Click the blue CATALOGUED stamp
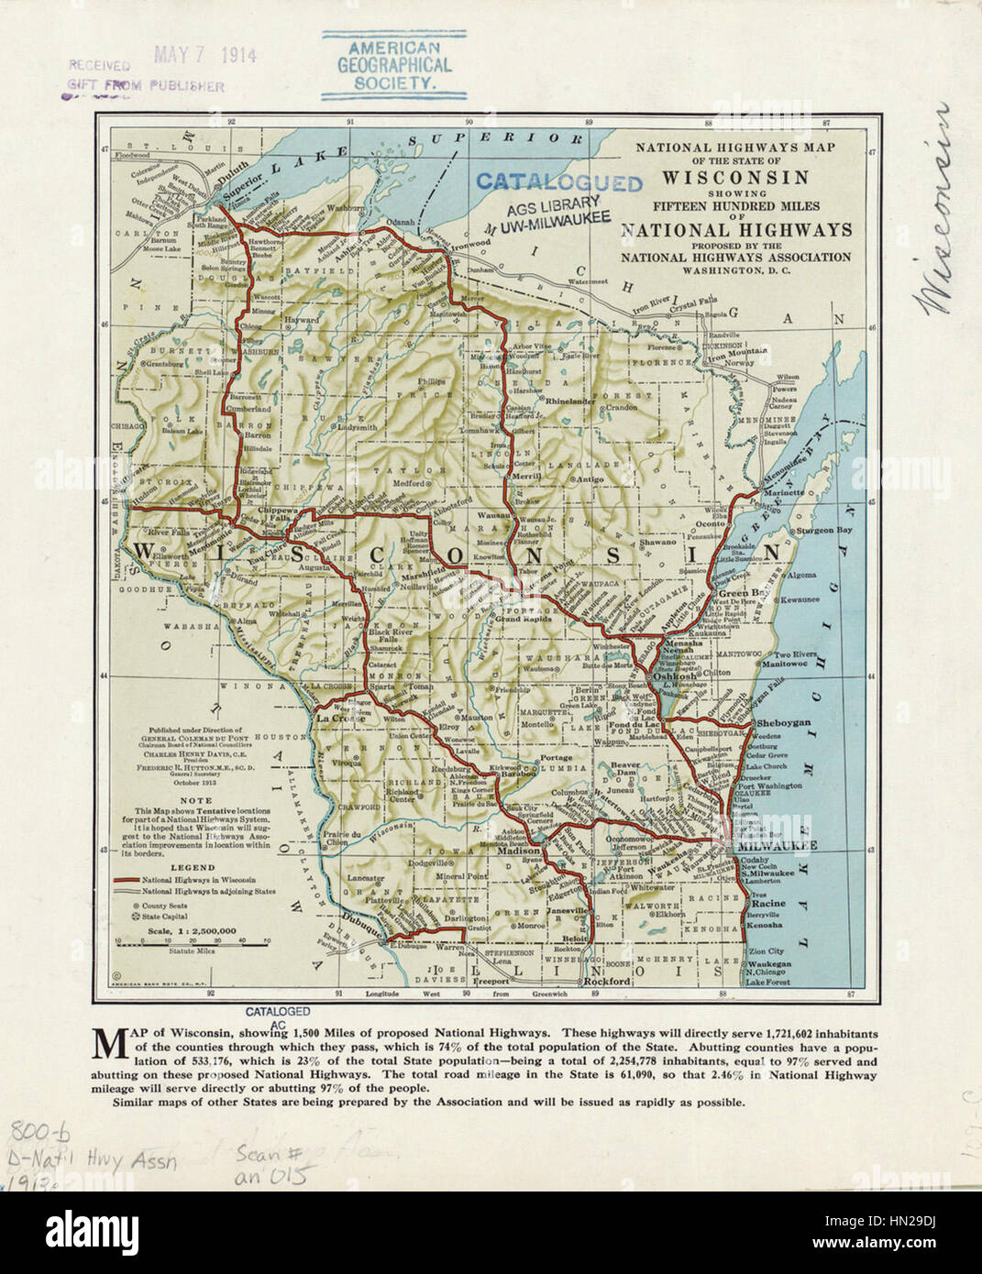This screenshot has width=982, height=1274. (x=558, y=182)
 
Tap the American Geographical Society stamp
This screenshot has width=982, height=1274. (x=393, y=65)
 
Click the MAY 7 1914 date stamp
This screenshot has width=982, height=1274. (x=204, y=55)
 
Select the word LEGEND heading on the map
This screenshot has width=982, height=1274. (x=193, y=867)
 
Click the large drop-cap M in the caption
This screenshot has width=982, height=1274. (x=109, y=1039)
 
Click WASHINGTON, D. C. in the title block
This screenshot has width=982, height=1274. (x=735, y=271)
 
